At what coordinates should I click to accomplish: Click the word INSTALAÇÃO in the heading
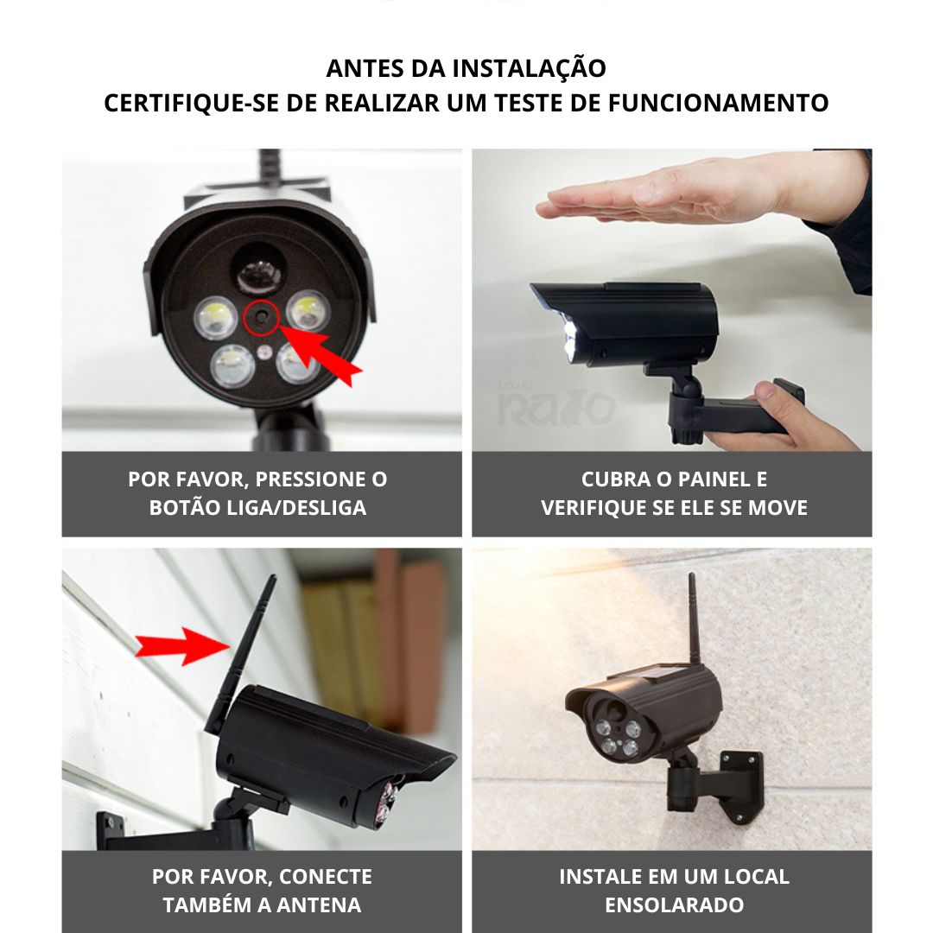tap(529, 67)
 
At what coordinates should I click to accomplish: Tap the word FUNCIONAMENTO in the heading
tap(718, 103)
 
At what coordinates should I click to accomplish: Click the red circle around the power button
tap(261, 318)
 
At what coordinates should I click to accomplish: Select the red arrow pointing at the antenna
tap(182, 646)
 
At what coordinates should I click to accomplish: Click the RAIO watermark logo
tap(556, 404)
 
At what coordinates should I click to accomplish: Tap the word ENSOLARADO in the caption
tap(674, 905)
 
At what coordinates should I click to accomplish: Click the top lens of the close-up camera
tap(259, 275)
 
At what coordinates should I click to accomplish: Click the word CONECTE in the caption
tap(325, 877)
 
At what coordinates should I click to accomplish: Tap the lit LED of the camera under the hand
tap(570, 339)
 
